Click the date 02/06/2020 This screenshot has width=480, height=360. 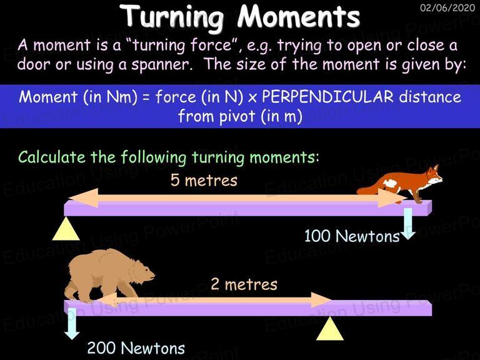tap(447, 7)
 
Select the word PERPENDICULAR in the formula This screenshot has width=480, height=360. tap(327, 96)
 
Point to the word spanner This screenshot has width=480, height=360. tap(160, 64)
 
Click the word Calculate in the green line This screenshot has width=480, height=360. tap(52, 157)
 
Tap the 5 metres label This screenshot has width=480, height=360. tap(204, 180)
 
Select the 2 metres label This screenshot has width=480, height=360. tap(244, 284)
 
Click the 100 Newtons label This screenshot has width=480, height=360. tap(352, 236)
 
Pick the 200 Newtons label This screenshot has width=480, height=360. tap(136, 348)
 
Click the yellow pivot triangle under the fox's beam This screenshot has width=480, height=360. tap(66, 230)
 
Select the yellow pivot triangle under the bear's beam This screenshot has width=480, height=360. tap(330, 330)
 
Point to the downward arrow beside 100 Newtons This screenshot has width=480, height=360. tap(408, 224)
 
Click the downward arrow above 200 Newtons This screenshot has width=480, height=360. tap(72, 324)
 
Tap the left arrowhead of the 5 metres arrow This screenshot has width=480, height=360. tap(82, 198)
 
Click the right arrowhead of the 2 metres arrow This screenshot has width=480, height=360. tap(321, 300)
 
